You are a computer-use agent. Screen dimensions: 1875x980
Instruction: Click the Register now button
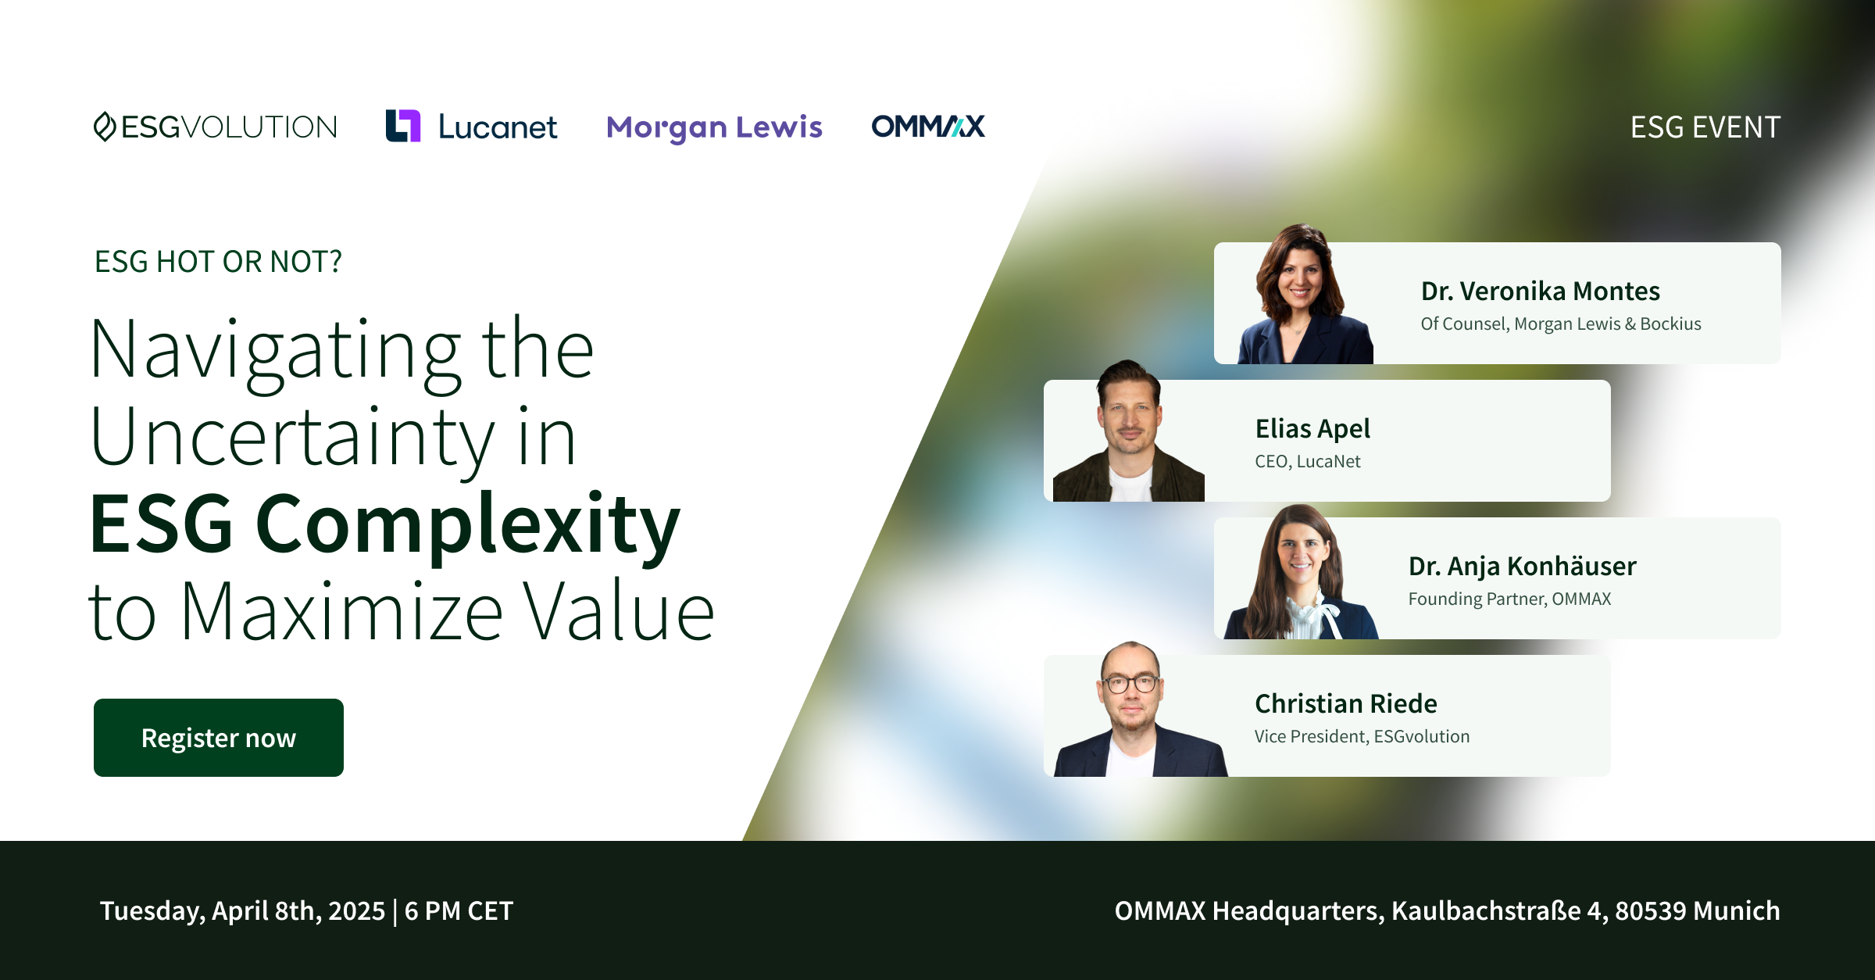click(219, 737)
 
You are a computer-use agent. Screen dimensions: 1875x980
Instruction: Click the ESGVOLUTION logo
click(216, 127)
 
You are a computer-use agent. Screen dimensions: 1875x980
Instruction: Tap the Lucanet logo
click(472, 127)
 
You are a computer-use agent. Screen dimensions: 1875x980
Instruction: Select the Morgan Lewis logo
click(714, 127)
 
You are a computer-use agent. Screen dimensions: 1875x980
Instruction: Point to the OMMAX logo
click(928, 126)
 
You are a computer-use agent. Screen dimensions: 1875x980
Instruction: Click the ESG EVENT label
click(1705, 127)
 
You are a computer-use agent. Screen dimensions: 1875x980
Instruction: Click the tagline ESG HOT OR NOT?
click(218, 262)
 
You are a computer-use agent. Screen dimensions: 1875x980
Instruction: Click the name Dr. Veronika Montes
click(1540, 291)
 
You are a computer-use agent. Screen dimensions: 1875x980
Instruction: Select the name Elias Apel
click(1312, 429)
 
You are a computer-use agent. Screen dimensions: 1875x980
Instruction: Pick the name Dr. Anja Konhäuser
click(1522, 567)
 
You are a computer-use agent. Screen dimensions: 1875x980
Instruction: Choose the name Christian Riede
click(1345, 703)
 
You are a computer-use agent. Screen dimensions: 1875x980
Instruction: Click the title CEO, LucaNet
click(1307, 462)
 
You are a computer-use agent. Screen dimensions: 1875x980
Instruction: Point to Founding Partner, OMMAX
click(1509, 599)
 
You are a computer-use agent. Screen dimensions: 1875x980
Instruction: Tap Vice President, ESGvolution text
click(1362, 736)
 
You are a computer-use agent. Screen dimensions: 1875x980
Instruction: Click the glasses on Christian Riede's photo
click(1130, 683)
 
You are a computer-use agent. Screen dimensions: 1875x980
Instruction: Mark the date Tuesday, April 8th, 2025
click(242, 911)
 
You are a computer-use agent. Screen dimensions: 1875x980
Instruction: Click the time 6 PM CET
click(459, 911)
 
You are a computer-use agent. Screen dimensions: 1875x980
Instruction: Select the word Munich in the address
click(1737, 911)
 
